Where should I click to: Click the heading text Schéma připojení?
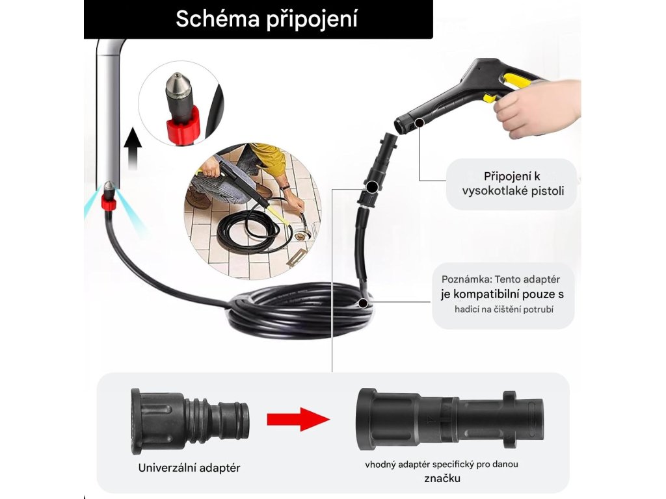266,19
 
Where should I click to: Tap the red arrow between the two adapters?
298,419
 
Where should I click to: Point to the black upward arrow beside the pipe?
134,149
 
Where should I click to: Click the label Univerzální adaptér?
189,468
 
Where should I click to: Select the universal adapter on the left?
190,421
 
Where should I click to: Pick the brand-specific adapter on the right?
450,419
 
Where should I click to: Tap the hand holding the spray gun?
538,109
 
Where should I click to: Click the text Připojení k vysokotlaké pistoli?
513,183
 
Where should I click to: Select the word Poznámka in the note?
466,279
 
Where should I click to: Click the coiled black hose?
299,310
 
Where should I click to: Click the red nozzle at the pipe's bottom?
109,199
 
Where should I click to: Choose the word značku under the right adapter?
442,478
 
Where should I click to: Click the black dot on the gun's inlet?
420,123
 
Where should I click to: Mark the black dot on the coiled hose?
363,303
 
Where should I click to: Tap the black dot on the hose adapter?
371,186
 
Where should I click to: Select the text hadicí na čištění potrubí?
504,309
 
